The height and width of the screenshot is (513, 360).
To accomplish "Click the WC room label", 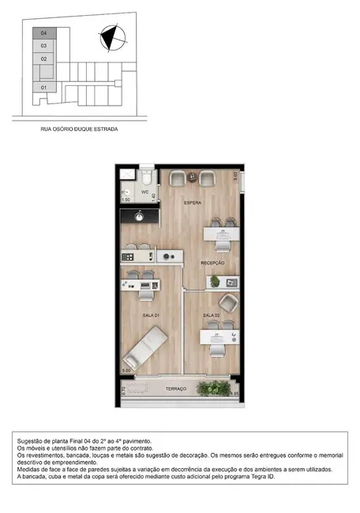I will [x=145, y=192].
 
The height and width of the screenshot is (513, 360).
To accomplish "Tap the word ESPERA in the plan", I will [x=193, y=204].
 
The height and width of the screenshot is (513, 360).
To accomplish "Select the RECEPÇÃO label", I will [x=213, y=262].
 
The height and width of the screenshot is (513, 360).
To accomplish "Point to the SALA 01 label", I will [x=152, y=315].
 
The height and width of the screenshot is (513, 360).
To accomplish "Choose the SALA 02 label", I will [x=211, y=315].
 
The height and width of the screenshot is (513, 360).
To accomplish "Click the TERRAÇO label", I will [x=175, y=390].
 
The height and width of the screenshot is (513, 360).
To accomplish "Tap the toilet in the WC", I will [x=147, y=177].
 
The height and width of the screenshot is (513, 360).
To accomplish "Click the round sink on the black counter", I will [x=140, y=215].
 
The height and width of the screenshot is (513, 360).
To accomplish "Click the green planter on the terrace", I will [x=213, y=389].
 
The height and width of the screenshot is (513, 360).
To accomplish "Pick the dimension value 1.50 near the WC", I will [x=126, y=200].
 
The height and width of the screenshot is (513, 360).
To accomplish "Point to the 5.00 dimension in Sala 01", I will [x=126, y=370].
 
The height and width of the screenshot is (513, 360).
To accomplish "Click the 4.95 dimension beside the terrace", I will [x=234, y=393].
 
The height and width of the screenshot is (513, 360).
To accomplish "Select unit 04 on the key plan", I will [x=44, y=34].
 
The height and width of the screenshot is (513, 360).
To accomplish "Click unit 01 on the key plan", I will [x=44, y=87].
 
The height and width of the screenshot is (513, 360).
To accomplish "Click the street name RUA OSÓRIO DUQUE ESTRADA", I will [x=79, y=128].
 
